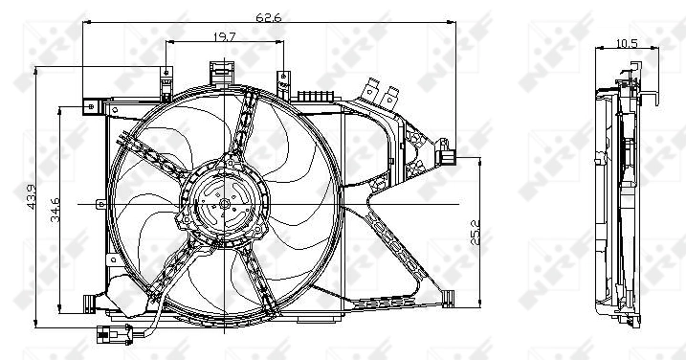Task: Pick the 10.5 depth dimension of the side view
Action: pos(627,43)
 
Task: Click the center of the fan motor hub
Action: pos(224,204)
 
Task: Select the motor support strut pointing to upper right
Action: pos(251,134)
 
